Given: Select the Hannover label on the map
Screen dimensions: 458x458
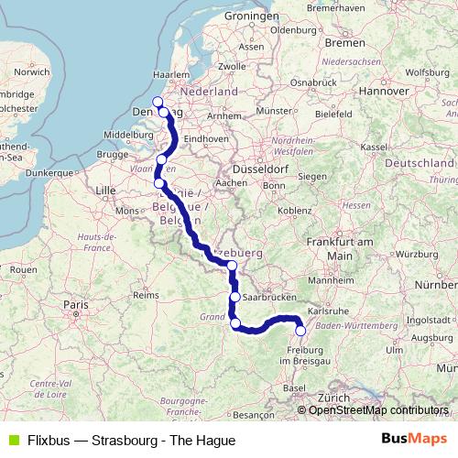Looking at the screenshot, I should click(x=382, y=92).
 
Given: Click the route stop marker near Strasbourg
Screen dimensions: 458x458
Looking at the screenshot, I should click(x=300, y=331).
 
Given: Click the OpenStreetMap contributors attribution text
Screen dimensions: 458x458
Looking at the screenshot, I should click(x=378, y=410).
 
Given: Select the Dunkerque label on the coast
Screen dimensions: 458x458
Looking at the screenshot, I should click(x=49, y=171).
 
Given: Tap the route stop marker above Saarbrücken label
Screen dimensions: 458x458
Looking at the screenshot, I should click(x=235, y=297).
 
